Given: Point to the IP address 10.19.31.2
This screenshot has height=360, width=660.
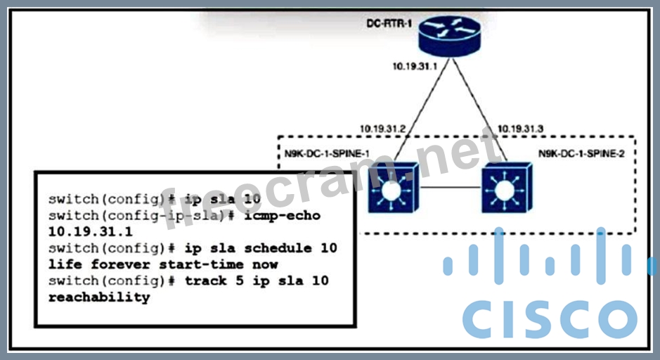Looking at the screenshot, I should click(x=383, y=129).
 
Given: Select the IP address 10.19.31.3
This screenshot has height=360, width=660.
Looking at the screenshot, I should click(x=522, y=129).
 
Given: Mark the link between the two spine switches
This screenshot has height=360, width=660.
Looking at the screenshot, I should click(x=450, y=188).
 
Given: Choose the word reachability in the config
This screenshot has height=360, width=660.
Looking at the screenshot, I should click(x=99, y=297).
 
